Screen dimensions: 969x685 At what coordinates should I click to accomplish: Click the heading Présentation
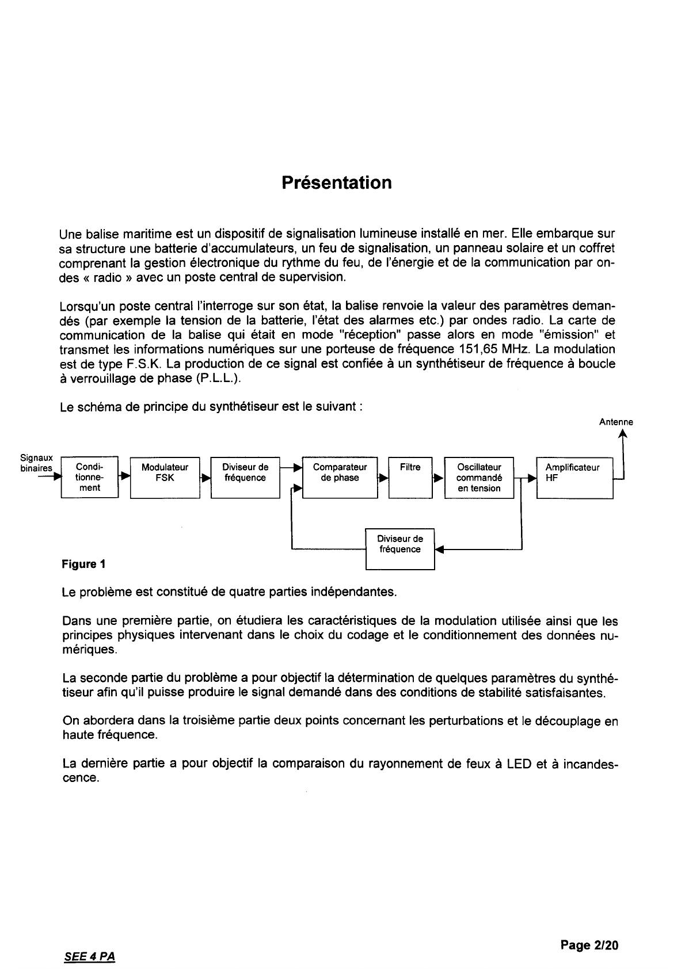coord(337,182)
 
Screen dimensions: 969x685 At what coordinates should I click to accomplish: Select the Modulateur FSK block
coord(165,477)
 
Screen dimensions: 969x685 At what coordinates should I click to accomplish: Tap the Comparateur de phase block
coord(340,477)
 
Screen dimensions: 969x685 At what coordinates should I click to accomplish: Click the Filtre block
coord(410,477)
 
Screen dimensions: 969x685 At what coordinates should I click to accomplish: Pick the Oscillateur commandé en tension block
coord(479,478)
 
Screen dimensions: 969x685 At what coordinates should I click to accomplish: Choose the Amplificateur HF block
coord(574,477)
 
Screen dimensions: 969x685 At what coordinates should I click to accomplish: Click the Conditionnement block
coord(89,477)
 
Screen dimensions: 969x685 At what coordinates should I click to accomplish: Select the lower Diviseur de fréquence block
coord(400,548)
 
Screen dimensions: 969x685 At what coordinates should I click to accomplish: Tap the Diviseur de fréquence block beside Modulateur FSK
coord(245,477)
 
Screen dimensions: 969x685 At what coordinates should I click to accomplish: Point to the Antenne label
coord(616,422)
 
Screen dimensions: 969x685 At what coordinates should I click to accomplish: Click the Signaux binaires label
coord(36,463)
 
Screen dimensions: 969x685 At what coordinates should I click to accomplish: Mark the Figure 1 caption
coord(83,564)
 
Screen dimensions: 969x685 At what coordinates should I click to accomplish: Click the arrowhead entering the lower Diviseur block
coord(439,550)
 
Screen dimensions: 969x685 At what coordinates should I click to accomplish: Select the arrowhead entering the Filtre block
coord(383,478)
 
